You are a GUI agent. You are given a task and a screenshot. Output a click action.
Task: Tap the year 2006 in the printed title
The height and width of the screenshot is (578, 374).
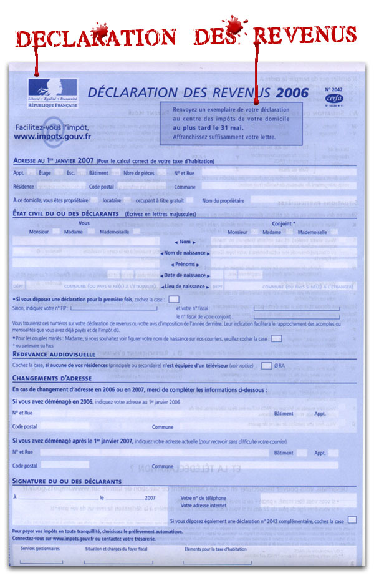tap(290, 92)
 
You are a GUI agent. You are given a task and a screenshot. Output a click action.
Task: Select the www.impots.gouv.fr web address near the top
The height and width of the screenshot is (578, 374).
tap(52, 136)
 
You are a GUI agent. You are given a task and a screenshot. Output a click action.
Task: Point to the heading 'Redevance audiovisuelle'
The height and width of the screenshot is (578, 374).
tap(49, 353)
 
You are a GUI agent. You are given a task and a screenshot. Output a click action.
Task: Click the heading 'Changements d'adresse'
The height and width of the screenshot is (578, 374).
tap(52, 378)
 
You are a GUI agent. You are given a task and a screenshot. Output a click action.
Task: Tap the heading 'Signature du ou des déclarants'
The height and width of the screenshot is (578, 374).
tap(67, 481)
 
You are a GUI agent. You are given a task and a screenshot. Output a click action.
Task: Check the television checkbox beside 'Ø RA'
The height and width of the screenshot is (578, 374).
tap(266, 365)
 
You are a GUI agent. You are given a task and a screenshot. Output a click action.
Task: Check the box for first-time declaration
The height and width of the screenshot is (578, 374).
tap(174, 300)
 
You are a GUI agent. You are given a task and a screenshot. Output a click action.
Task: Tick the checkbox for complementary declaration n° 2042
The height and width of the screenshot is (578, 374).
tap(352, 520)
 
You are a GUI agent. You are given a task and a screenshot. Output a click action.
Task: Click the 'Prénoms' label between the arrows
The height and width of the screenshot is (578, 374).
tap(185, 264)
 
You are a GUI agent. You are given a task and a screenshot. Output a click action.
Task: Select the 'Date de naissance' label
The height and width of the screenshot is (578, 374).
tap(185, 275)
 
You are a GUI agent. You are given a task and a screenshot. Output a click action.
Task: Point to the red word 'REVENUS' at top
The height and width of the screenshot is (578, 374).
tap(305, 36)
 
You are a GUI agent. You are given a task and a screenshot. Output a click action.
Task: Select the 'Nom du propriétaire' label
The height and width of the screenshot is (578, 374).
tap(224, 200)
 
